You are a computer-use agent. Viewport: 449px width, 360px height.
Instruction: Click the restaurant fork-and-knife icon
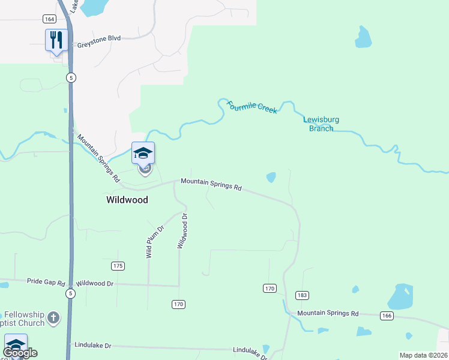pos(56,40)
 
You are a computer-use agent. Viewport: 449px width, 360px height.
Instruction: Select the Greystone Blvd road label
pos(99,38)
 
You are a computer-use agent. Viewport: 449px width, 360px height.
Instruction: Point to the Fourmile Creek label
pos(252,107)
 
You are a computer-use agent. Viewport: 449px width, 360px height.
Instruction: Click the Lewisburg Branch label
pos(321,124)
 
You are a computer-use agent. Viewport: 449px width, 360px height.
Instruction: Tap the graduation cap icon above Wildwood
pos(143,153)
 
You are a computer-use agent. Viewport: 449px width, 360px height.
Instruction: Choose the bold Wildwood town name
pos(127,200)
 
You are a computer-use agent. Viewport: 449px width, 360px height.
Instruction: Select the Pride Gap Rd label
pos(46,281)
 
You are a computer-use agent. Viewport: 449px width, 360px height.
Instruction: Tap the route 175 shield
pos(118,266)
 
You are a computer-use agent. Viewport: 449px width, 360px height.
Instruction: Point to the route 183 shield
pos(301,295)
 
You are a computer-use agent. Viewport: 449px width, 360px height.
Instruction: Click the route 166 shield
pos(386,316)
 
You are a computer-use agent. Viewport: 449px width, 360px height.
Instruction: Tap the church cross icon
pos(53,317)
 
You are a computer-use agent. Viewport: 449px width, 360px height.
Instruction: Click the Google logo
pos(20,353)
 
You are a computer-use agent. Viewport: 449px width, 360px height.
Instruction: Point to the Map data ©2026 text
pos(423,355)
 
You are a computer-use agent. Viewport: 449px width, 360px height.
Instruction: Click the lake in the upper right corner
pos(363,37)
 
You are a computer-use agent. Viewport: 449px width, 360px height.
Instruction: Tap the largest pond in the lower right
pos(400,296)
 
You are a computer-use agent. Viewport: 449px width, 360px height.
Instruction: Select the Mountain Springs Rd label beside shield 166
pos(328,314)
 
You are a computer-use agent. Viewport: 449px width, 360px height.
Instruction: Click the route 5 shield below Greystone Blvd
pos(71,77)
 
